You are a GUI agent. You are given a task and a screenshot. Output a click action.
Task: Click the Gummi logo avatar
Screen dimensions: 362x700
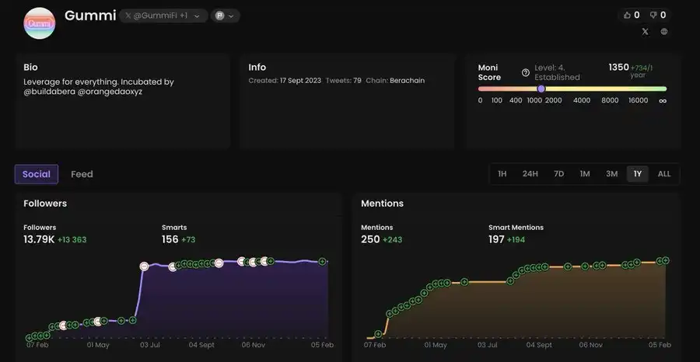pyautogui.click(x=40, y=23)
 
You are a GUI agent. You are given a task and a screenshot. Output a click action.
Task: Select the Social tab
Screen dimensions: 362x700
pyautogui.click(x=37, y=174)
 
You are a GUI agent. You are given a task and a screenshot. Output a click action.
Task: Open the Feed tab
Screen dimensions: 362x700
pyautogui.click(x=82, y=174)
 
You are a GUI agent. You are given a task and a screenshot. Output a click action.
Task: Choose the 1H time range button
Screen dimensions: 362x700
pyautogui.click(x=502, y=174)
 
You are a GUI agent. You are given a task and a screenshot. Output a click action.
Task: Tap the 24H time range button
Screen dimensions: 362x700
pyautogui.click(x=530, y=174)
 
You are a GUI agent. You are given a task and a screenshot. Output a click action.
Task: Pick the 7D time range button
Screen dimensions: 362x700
pyautogui.click(x=558, y=174)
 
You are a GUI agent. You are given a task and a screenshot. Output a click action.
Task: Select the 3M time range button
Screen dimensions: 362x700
pyautogui.click(x=612, y=174)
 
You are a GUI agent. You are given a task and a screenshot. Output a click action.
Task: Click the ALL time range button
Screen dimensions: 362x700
pyautogui.click(x=664, y=174)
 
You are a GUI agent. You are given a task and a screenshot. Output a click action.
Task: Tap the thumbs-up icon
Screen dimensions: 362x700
pyautogui.click(x=628, y=15)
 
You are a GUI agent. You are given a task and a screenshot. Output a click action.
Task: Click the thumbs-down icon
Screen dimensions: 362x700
pyautogui.click(x=653, y=15)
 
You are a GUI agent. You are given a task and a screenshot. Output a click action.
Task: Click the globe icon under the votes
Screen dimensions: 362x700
pyautogui.click(x=664, y=32)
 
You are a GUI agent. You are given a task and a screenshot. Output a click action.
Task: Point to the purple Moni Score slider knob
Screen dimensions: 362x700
pyautogui.click(x=541, y=89)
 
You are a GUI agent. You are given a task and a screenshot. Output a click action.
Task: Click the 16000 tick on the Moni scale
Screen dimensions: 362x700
pyautogui.click(x=638, y=100)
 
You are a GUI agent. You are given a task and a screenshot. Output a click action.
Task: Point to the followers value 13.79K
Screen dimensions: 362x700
pyautogui.click(x=39, y=239)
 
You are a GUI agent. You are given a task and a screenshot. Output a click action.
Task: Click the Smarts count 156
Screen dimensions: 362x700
pyautogui.click(x=170, y=239)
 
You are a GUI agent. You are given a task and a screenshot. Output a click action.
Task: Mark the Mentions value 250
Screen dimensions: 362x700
pyautogui.click(x=370, y=239)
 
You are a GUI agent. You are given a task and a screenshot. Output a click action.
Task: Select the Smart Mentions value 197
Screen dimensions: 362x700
pyautogui.click(x=496, y=239)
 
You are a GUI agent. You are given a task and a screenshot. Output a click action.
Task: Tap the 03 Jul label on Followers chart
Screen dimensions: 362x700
pyautogui.click(x=149, y=345)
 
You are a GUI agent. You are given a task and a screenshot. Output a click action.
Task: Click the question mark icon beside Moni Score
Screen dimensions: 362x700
pyautogui.click(x=526, y=72)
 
